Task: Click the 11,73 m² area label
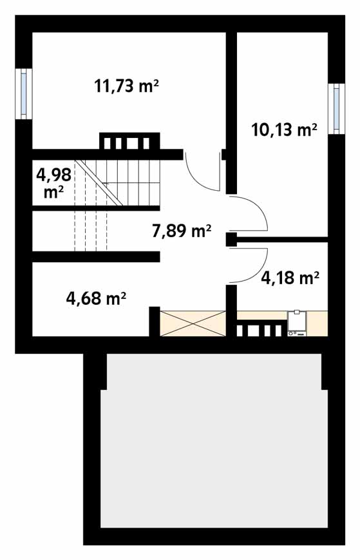pos(126,86)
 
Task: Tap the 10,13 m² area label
pos(284,130)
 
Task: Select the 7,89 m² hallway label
pos(182,231)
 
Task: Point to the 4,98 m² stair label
pos(54,183)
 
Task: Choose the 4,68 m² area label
pos(96,298)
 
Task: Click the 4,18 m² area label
pos(290,278)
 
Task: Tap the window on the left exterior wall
pos(24,94)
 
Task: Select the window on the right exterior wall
pos(336,109)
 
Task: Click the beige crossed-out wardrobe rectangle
pos(193,323)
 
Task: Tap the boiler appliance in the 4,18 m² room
pos(297,323)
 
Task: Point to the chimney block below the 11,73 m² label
pos(129,141)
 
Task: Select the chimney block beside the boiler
pos(262,329)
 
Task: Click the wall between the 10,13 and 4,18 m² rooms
pos(282,239)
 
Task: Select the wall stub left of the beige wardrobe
pos(154,322)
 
